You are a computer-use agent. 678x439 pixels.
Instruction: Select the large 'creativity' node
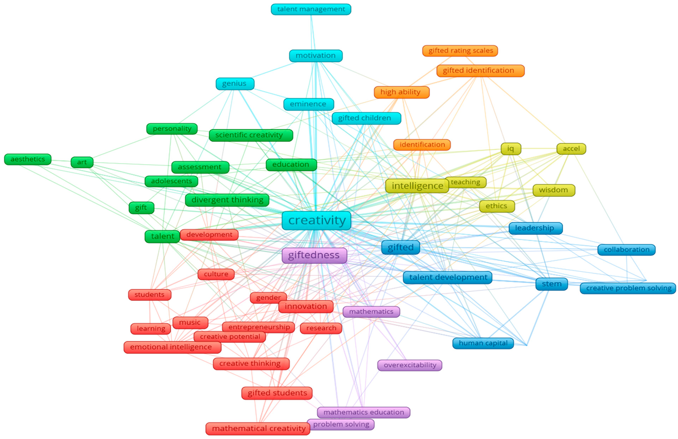(x=316, y=220)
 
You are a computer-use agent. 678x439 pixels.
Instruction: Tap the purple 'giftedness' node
(x=314, y=255)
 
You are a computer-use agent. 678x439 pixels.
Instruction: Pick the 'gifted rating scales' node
(x=460, y=51)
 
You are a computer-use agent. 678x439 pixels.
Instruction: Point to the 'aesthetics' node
(x=28, y=159)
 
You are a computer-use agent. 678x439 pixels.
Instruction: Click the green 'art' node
(x=82, y=162)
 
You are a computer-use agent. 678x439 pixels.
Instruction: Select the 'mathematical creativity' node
(x=258, y=429)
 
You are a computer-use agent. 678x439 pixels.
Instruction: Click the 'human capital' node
(x=483, y=343)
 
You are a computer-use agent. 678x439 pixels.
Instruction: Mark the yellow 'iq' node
(x=511, y=149)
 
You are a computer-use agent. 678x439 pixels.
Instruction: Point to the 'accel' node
(x=571, y=149)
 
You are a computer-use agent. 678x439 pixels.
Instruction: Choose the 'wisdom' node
(x=553, y=190)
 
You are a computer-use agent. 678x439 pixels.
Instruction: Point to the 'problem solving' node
(x=341, y=424)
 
